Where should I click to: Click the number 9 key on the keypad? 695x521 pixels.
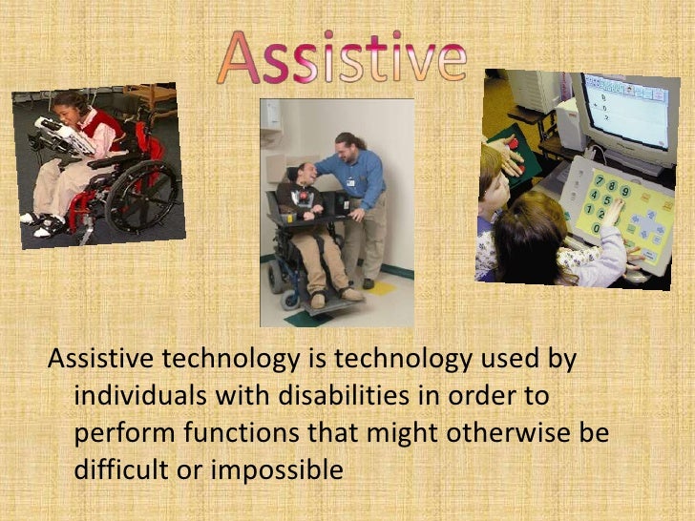point(624,191)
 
